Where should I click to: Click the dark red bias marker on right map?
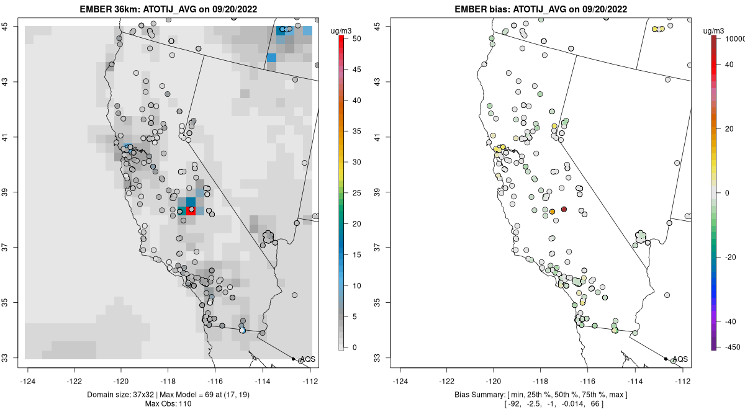tap(564, 209)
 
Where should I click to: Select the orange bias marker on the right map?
tap(552, 212)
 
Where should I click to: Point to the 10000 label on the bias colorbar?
tap(734, 38)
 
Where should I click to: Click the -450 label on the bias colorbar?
tap(729, 347)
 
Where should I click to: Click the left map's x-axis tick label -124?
tap(29, 381)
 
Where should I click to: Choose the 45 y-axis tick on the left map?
tap(12, 26)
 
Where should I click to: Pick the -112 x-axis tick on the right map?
tap(683, 381)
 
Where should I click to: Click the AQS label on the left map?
tap(308, 359)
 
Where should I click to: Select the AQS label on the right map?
tap(680, 359)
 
